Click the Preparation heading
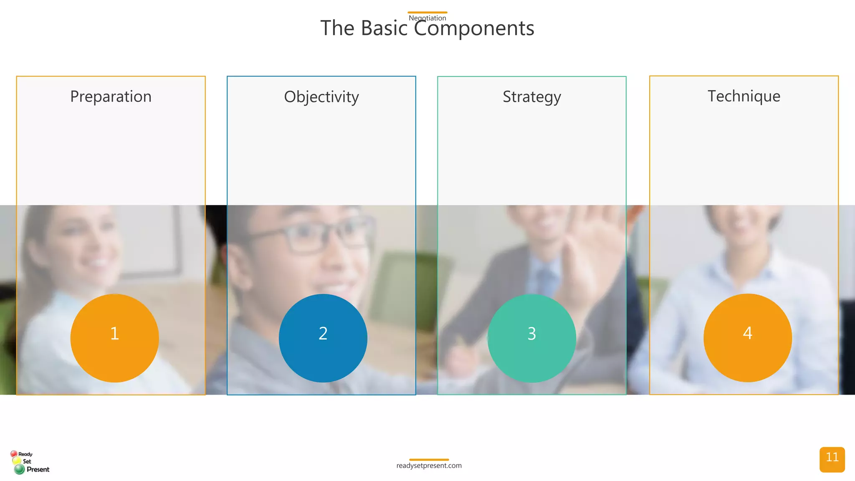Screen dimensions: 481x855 tap(111, 96)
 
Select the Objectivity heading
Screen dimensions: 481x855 tap(321, 97)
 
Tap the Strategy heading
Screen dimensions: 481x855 tap(531, 97)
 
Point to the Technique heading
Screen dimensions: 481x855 tap(744, 96)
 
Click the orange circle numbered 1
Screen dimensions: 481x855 tap(114, 338)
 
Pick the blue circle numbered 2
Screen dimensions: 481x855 tap(323, 338)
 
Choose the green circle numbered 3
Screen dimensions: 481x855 tap(531, 338)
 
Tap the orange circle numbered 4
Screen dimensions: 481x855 tap(747, 337)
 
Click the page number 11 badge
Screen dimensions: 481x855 tap(832, 459)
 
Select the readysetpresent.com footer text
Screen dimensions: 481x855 tap(429, 466)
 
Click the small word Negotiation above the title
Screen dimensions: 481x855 tap(427, 18)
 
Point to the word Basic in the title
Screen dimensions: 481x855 tap(384, 28)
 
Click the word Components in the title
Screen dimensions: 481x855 tap(474, 28)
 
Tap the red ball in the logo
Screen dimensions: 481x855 tap(14, 453)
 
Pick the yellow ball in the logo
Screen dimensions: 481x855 tap(17, 461)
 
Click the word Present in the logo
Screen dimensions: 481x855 tap(38, 469)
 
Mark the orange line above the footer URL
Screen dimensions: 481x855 tap(429, 460)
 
